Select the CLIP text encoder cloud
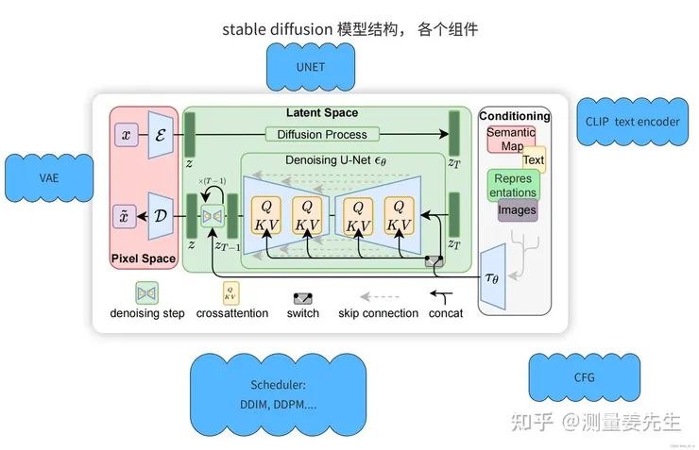pyautogui.click(x=632, y=121)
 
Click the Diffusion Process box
pyautogui.click(x=322, y=134)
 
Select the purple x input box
pyautogui.click(x=126, y=134)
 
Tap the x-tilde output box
pyautogui.click(x=126, y=215)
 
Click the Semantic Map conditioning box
pyautogui.click(x=510, y=140)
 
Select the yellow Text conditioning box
pyautogui.click(x=534, y=160)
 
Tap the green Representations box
pyautogui.click(x=513, y=185)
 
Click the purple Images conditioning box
pyautogui.click(x=517, y=210)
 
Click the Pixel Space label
pyautogui.click(x=144, y=258)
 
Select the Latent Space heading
pyautogui.click(x=321, y=113)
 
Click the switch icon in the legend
pyautogui.click(x=302, y=295)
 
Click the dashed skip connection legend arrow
pyautogui.click(x=378, y=294)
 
